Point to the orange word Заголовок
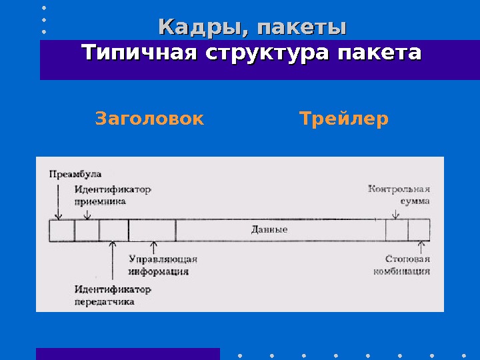click(149, 119)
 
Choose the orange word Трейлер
click(343, 119)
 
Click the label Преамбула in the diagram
click(75, 174)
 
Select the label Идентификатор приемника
click(112, 195)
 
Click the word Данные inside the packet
click(269, 230)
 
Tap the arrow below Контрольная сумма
click(396, 213)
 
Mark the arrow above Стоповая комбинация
click(419, 247)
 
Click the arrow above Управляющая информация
click(154, 247)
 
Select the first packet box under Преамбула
click(62, 230)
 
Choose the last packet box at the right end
click(419, 230)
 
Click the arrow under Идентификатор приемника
click(87, 213)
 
